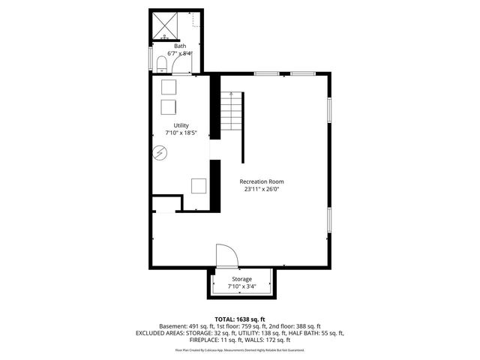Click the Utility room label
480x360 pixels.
(181, 125)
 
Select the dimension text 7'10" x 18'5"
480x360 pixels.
(181, 133)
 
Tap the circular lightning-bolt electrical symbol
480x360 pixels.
(160, 153)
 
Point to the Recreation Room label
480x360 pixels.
(262, 181)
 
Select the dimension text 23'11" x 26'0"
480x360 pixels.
(262, 190)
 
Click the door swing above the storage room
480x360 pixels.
(226, 256)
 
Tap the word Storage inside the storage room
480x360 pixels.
(241, 279)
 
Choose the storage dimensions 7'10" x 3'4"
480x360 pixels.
(241, 286)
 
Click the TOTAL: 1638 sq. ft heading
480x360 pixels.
(239, 319)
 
